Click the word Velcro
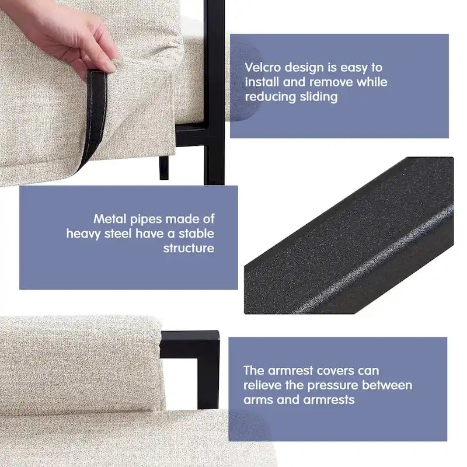[263, 67]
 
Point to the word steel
[118, 233]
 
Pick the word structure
[189, 248]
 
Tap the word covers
[335, 371]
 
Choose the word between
[387, 385]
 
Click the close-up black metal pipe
[348, 235]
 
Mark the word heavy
[83, 234]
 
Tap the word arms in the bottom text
[257, 400]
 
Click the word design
[304, 68]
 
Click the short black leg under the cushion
[164, 168]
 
